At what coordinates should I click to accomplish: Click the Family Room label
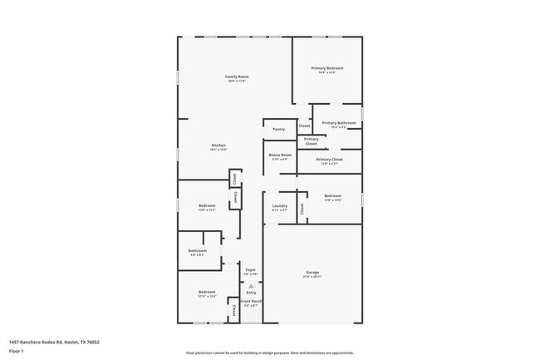click(x=238, y=77)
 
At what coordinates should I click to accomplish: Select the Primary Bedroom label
click(x=327, y=68)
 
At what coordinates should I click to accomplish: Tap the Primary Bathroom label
click(x=339, y=123)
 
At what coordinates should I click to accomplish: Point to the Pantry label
click(x=278, y=129)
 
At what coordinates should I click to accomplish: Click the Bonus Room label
click(x=279, y=155)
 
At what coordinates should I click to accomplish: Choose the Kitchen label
click(x=218, y=146)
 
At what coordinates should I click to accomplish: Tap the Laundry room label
click(x=279, y=206)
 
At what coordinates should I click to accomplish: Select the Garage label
click(x=312, y=273)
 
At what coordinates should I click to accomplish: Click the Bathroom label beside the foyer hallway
click(x=197, y=251)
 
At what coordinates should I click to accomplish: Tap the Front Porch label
click(x=252, y=301)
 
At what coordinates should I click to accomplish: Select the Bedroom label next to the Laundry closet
click(x=332, y=196)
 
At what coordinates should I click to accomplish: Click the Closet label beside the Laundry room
click(x=302, y=208)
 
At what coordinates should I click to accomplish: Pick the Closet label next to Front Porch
click(x=234, y=311)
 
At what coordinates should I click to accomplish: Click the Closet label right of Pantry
click(x=304, y=126)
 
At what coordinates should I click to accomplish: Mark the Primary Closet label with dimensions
click(x=330, y=160)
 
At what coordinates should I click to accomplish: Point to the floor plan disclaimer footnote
click(x=269, y=353)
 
